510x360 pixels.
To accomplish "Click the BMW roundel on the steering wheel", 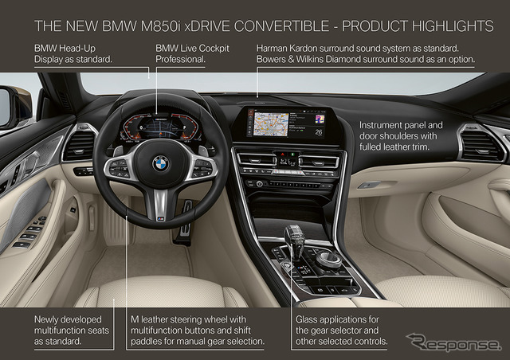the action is click(x=161, y=163).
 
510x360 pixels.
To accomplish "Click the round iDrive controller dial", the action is click(x=328, y=259).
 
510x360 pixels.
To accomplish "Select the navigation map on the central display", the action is click(x=271, y=124).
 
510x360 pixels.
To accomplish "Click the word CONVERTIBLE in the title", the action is click(x=281, y=26).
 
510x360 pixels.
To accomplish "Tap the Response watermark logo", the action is click(x=453, y=342).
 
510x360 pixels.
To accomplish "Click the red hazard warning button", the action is click(x=283, y=154).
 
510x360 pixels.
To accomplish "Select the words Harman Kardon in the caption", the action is click(x=287, y=49).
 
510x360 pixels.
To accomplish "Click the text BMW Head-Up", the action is click(x=65, y=49).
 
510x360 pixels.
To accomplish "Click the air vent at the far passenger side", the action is click(x=481, y=145).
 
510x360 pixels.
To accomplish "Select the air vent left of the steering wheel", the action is click(x=79, y=144).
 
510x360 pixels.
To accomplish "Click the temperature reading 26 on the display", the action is click(x=319, y=132).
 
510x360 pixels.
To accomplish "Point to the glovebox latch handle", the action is click(x=368, y=185).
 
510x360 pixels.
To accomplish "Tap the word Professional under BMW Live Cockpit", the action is click(x=180, y=59).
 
